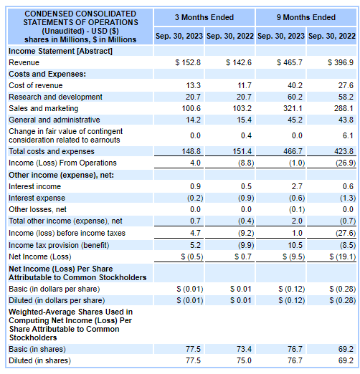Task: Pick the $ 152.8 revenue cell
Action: [x=188, y=62]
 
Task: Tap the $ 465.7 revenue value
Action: [x=290, y=62]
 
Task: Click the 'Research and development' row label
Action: [x=55, y=97]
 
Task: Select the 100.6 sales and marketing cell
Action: [x=190, y=108]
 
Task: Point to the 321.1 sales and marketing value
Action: [x=292, y=108]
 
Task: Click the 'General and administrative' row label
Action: [x=55, y=120]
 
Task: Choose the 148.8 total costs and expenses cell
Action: [x=190, y=151]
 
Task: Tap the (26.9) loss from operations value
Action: [x=345, y=163]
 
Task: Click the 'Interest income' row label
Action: [x=34, y=186]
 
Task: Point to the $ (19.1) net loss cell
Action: [x=341, y=256]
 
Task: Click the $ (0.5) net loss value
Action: [x=188, y=256]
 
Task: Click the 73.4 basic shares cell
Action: [x=244, y=349]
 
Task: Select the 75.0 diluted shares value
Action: [x=244, y=360]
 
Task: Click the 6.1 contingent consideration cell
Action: [x=348, y=135]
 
